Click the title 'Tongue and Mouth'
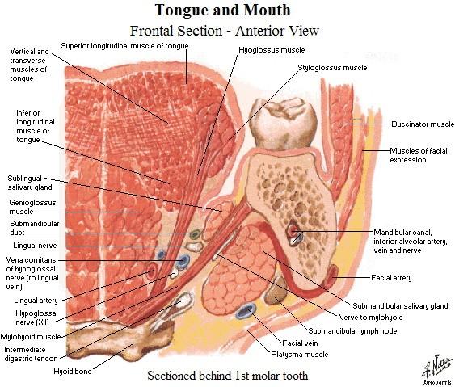tap(223, 11)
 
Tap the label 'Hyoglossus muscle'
tap(272, 50)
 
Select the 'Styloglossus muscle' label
tap(332, 68)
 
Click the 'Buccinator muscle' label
tap(423, 124)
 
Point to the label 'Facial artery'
tap(391, 278)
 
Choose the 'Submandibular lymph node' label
tap(352, 331)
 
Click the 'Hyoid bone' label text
tap(73, 372)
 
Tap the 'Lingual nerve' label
tap(35, 246)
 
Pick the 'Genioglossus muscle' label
tap(32, 207)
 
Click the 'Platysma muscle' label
tap(300, 355)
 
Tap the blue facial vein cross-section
tap(246, 311)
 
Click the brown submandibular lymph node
tap(276, 290)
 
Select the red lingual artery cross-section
tap(151, 271)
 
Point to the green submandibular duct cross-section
tap(196, 234)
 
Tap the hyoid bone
tap(116, 339)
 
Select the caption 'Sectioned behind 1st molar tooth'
tap(228, 376)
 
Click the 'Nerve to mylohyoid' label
tap(371, 317)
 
